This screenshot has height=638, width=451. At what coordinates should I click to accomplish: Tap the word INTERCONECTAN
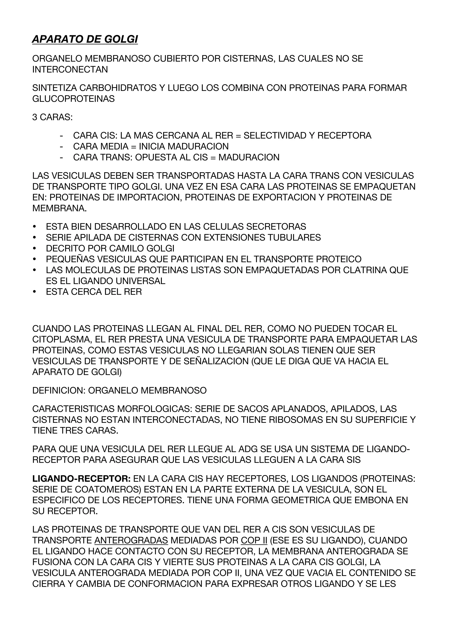pos(70,69)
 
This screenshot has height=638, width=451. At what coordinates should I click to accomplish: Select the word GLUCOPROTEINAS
pos(73,99)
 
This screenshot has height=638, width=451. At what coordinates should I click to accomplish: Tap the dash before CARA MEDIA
pos(61,146)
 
